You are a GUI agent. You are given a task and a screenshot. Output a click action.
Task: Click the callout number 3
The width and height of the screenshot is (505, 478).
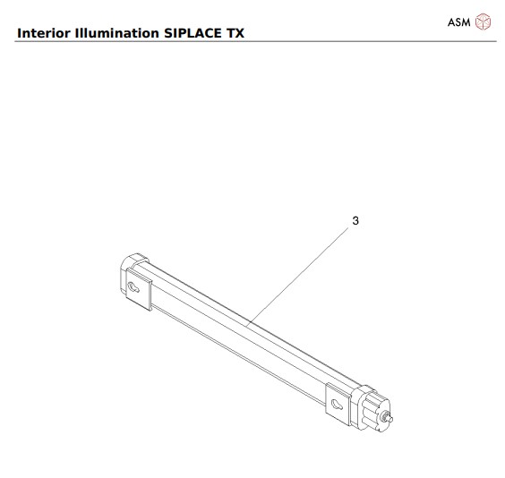tap(355, 220)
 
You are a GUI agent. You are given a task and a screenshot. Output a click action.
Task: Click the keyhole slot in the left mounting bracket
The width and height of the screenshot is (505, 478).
tap(133, 287)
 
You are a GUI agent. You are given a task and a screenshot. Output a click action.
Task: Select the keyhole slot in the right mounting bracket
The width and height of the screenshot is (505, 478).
tap(337, 405)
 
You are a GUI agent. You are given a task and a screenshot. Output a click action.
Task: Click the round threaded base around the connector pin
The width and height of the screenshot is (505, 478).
tap(386, 416)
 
